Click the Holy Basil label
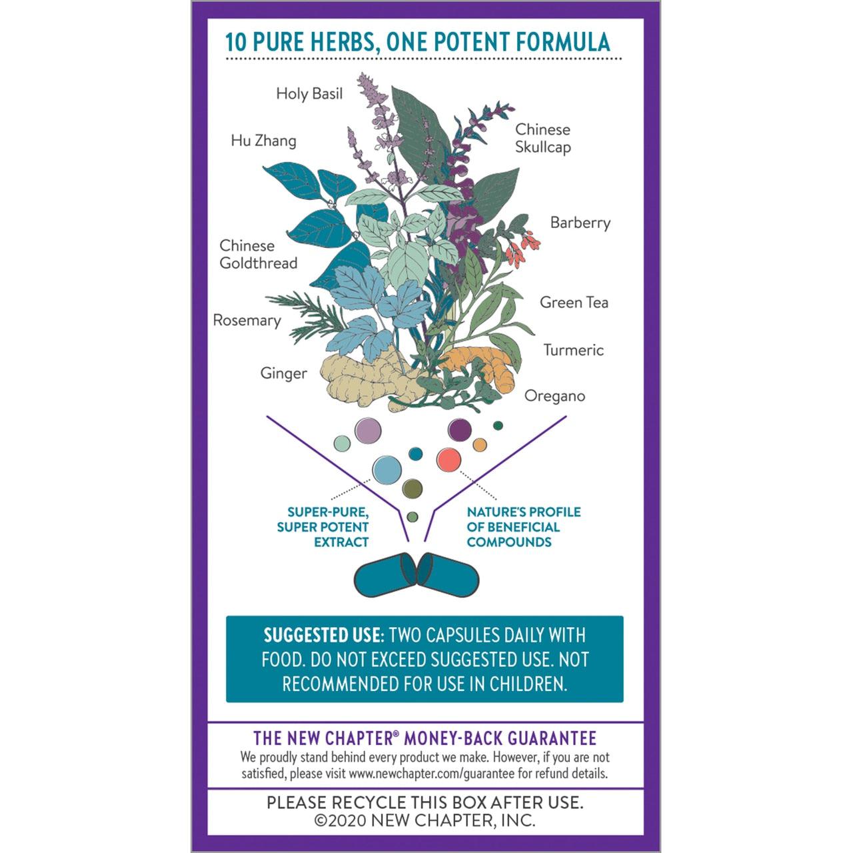pos(309,94)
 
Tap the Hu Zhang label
pos(264,141)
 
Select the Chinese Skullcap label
pos(542,138)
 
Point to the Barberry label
pos(580,223)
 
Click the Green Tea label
pos(574,303)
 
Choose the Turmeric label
pos(574,350)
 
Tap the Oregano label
pos(554,396)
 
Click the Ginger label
pos(283,374)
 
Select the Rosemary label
pos(247,321)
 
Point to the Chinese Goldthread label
pos(258,255)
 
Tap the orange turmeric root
pos(482,367)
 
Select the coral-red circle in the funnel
pos(448,459)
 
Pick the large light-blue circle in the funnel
pos(387,470)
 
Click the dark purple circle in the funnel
pos(459,429)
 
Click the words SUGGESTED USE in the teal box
pos(322,635)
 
